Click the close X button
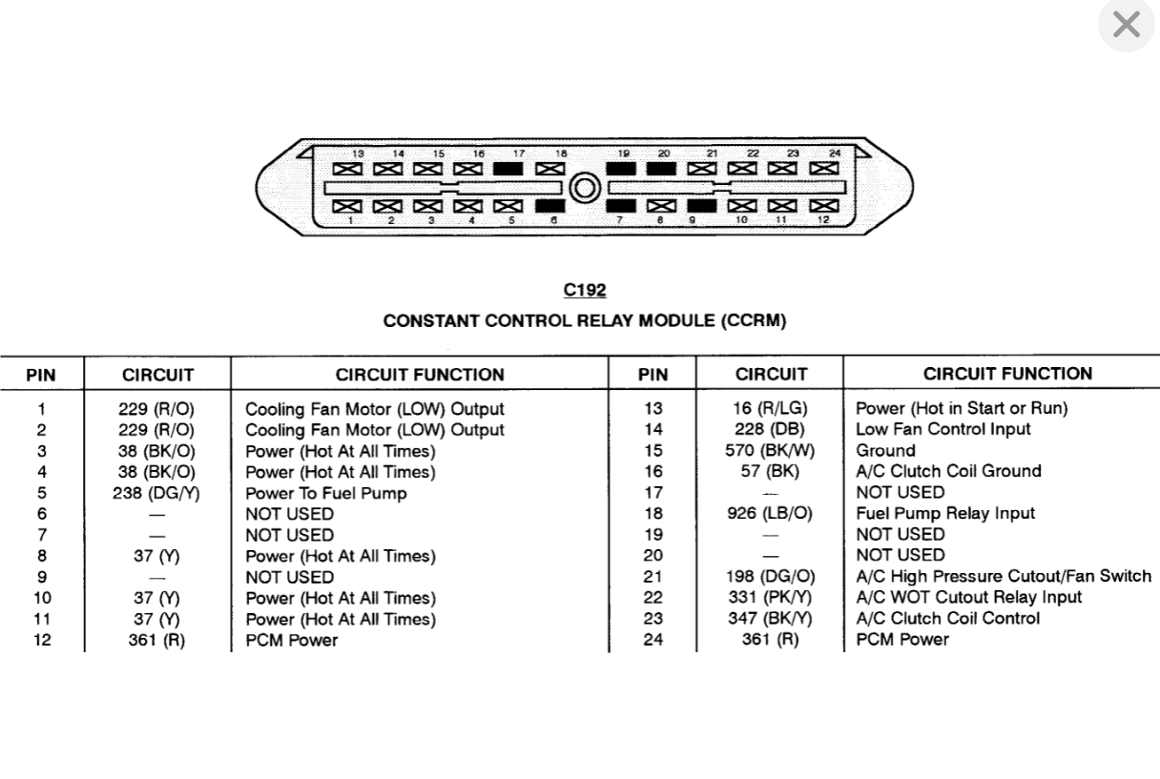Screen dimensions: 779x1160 (x=1126, y=25)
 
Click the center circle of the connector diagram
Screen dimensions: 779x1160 (x=584, y=188)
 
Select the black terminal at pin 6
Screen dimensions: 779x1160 (x=549, y=205)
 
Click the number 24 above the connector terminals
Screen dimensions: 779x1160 (x=835, y=153)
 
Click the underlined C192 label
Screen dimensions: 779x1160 (x=585, y=290)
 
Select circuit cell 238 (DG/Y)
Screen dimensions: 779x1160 (x=157, y=493)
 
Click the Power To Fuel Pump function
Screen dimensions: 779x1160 (x=326, y=493)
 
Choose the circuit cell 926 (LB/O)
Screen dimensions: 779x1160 (x=770, y=513)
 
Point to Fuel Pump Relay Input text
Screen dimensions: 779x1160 (x=944, y=513)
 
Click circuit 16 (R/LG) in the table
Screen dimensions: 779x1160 (x=770, y=408)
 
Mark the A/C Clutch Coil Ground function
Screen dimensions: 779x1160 (x=948, y=471)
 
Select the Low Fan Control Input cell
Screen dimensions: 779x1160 (x=942, y=429)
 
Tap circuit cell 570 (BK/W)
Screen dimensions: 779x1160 (x=770, y=450)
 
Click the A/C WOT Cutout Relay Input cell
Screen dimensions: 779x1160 (x=968, y=597)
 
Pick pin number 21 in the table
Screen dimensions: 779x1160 (x=652, y=576)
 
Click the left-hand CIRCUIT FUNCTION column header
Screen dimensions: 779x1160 (x=420, y=375)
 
